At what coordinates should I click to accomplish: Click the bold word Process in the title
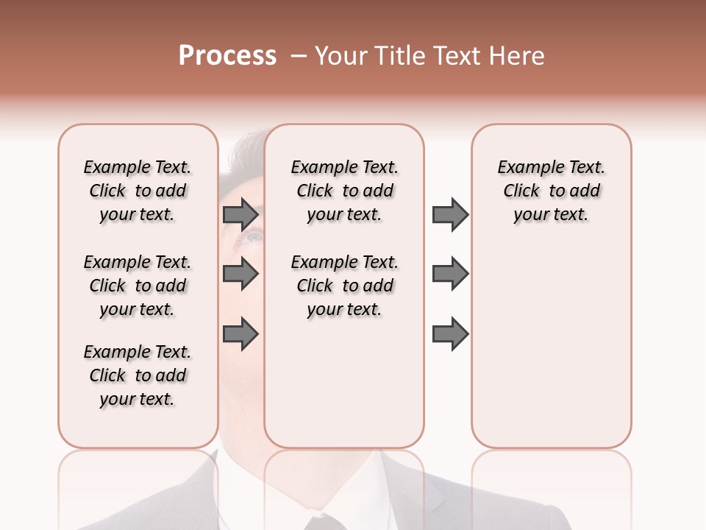click(x=227, y=56)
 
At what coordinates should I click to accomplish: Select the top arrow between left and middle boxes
click(x=240, y=214)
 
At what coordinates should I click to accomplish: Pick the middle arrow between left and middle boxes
click(x=240, y=275)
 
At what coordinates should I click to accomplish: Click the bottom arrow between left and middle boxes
click(x=240, y=334)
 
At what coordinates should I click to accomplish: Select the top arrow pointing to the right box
click(x=450, y=214)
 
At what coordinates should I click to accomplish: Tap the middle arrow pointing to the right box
click(x=450, y=274)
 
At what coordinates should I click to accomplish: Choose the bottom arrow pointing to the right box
click(x=450, y=334)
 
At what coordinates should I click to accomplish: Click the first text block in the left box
click(x=138, y=191)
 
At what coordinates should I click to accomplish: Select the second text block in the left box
click(x=138, y=286)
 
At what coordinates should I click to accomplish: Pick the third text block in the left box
click(x=138, y=375)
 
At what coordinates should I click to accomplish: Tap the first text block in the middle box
click(x=345, y=191)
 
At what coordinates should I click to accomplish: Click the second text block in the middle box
click(x=345, y=286)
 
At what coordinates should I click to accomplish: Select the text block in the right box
click(x=552, y=191)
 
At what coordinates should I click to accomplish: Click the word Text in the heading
click(x=455, y=56)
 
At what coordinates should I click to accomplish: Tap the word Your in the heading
click(x=340, y=56)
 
